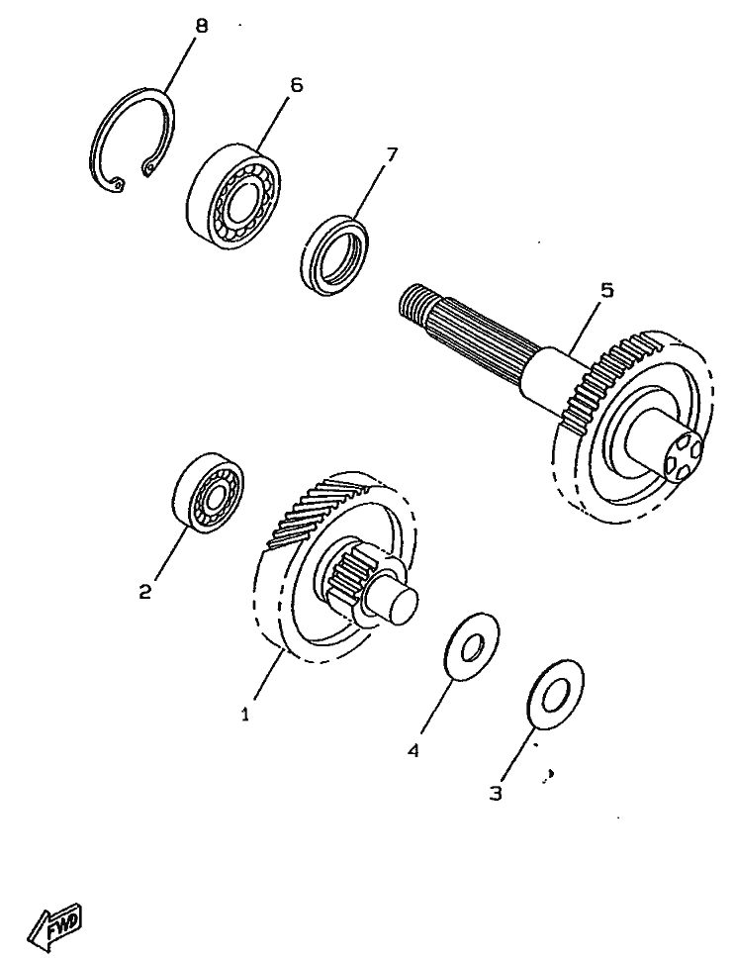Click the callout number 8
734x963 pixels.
click(201, 26)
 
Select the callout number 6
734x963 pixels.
click(297, 85)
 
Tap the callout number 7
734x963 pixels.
click(391, 153)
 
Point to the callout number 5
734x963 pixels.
click(606, 290)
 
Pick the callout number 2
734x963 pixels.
click(144, 592)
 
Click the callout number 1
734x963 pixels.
click(245, 715)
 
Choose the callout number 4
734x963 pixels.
click(413, 750)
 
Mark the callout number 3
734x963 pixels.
click(496, 793)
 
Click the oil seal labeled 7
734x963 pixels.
click(336, 253)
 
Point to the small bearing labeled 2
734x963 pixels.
click(210, 492)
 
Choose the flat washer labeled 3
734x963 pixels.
click(555, 694)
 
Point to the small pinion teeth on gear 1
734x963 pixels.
click(347, 570)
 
